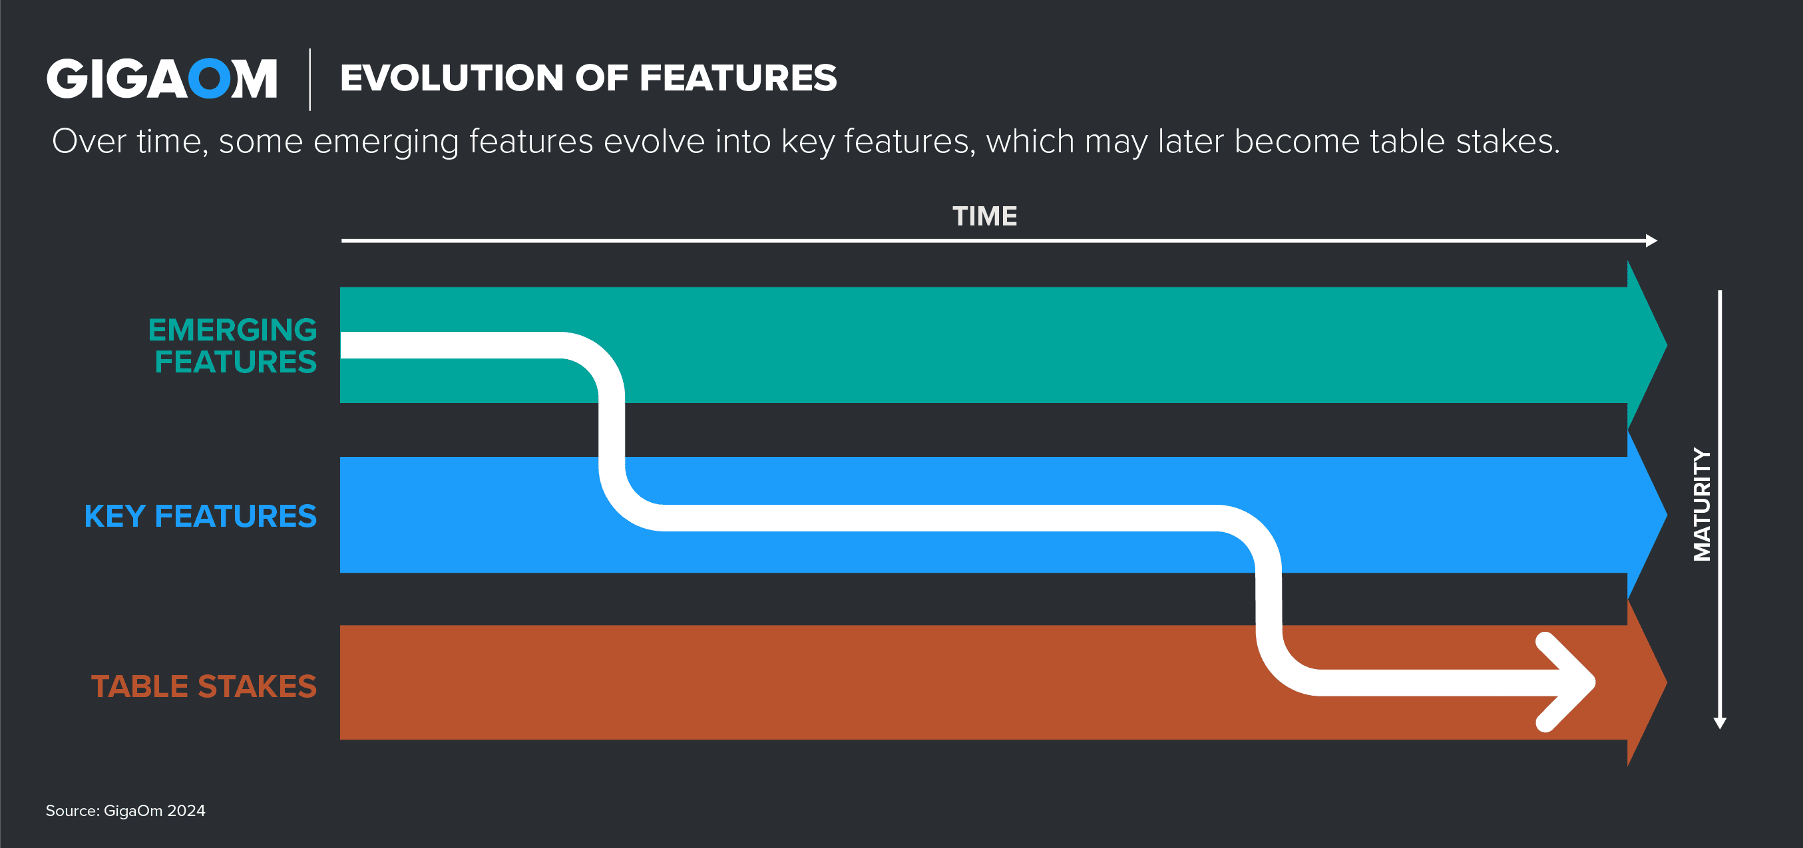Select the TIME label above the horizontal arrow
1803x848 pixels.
coord(985,216)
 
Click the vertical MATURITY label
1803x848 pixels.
coord(1702,503)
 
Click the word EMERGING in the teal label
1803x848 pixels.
coord(232,329)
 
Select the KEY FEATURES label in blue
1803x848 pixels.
coord(200,516)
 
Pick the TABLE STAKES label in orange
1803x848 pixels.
coord(204,686)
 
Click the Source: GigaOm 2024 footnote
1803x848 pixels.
coord(125,811)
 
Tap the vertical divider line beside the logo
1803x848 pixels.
coord(310,79)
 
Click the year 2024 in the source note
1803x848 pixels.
coord(186,811)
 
